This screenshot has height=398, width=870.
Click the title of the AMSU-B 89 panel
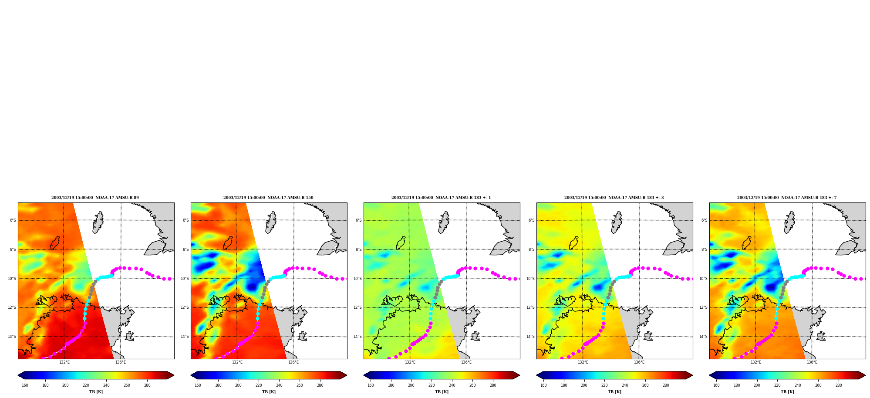pos(95,198)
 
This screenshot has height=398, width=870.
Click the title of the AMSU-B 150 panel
pos(268,198)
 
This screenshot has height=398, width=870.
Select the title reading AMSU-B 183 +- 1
pos(441,198)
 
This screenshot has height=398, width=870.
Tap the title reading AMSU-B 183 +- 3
pos(614,198)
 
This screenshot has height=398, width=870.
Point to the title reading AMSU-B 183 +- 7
pos(787,198)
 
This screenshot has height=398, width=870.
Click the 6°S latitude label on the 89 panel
pos(13,220)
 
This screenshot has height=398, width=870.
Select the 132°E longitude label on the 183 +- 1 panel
pos(410,362)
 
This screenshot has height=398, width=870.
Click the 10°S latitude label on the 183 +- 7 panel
pos(703,279)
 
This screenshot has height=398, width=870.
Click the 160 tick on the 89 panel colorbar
pos(25,385)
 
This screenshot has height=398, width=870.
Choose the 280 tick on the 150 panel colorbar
pos(320,385)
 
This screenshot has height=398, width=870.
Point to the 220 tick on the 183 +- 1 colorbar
pos(432,385)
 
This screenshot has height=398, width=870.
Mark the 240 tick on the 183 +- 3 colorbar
pos(625,385)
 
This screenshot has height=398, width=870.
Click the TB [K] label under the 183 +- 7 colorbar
pos(787,392)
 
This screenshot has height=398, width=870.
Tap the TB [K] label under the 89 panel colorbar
pos(96,392)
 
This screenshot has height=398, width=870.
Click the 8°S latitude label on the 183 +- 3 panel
pos(531,250)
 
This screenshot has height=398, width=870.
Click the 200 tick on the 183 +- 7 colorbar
pos(757,385)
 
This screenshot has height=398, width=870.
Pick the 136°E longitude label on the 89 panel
pos(120,362)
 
